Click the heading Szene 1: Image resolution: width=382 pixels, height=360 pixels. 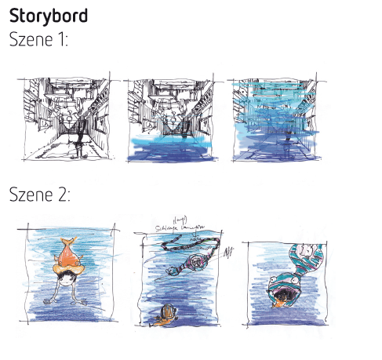(x=38, y=39)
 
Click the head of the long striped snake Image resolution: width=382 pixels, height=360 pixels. (x=173, y=270)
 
